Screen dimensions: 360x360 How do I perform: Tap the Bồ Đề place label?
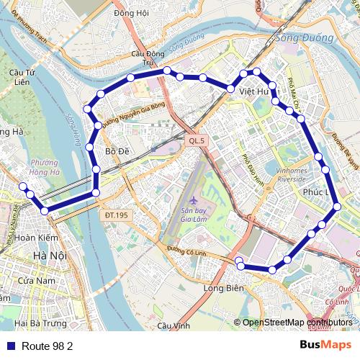tap(117, 151)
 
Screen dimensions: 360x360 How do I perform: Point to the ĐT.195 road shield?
tap(115, 215)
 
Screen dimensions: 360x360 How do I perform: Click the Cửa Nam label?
tap(37, 280)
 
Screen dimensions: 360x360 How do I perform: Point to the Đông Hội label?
tap(131, 13)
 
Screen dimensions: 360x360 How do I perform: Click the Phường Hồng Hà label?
tap(45, 167)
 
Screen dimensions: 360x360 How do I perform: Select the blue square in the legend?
tap(11, 346)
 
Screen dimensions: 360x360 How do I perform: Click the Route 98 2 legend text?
tap(48, 346)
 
